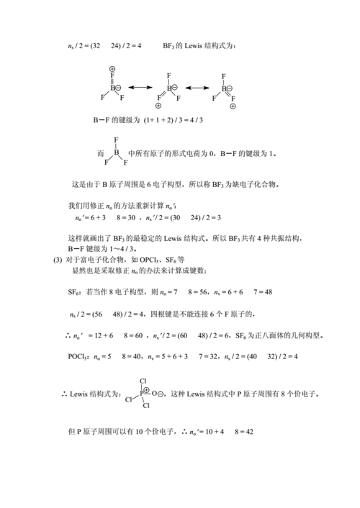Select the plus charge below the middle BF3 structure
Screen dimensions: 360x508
pyautogui.click(x=158, y=106)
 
